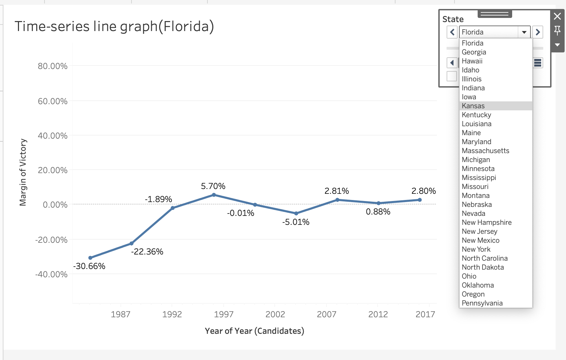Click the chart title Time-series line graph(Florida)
[x=114, y=27]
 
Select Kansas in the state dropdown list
[x=473, y=106]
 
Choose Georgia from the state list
[x=474, y=52]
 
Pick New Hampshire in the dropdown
[x=487, y=222]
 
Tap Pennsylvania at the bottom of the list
[x=482, y=303]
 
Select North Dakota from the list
[x=482, y=267]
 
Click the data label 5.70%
[x=213, y=186]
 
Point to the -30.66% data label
[x=89, y=266]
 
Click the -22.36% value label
[x=147, y=252]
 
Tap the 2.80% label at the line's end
[x=423, y=191]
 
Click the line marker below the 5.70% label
[x=214, y=195]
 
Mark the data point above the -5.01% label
[x=296, y=213]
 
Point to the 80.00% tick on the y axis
[x=52, y=66]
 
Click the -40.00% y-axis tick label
[x=51, y=274]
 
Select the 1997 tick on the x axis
[x=224, y=314]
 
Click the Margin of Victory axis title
[x=23, y=172]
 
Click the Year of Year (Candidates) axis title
[x=254, y=331]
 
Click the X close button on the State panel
[x=557, y=16]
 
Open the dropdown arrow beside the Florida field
[x=524, y=32]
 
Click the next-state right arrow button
[x=537, y=32]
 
